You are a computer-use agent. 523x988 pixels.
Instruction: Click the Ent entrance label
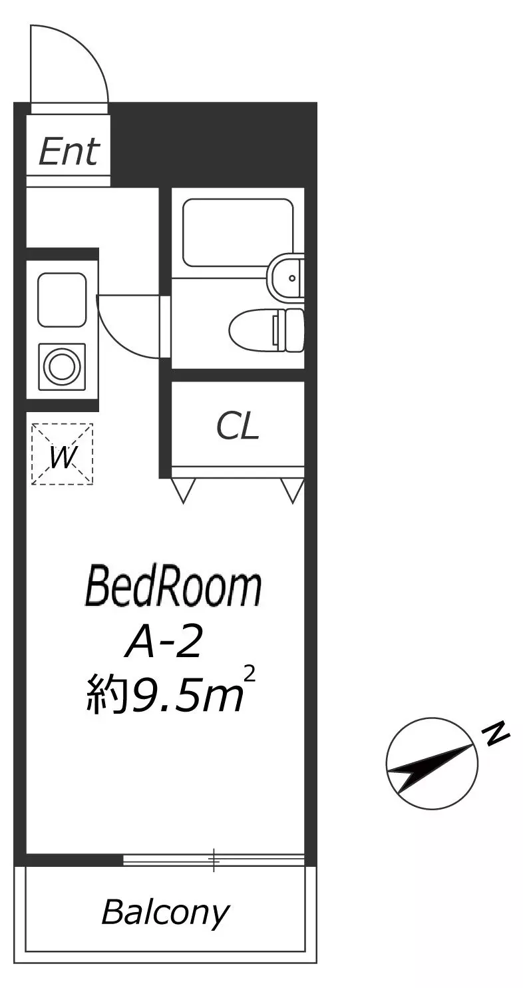tap(69, 152)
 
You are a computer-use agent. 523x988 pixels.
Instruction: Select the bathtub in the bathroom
tap(238, 232)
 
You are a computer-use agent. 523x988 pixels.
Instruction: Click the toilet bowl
tap(266, 330)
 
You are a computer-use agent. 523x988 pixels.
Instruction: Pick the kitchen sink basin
tap(62, 300)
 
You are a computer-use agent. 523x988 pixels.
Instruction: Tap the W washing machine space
tap(62, 454)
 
